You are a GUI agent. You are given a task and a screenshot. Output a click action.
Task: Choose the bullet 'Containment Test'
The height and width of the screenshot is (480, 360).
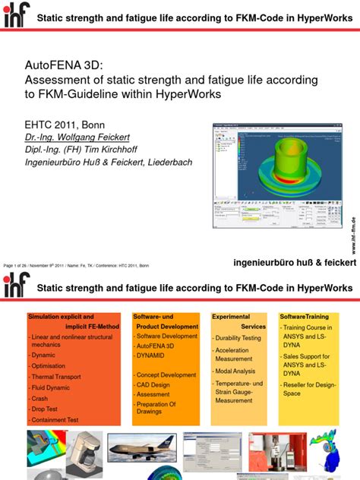point(60,419)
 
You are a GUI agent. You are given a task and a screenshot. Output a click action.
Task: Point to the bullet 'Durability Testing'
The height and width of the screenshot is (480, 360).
point(238,338)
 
